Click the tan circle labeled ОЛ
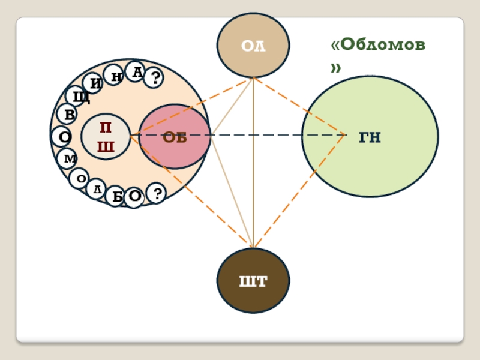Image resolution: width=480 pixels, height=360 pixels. pos(253,45)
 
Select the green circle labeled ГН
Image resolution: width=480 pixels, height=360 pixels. pos(370,136)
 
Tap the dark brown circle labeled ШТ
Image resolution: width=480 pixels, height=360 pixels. pos(253,280)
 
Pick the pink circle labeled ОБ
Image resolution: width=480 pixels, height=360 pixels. pos(175,137)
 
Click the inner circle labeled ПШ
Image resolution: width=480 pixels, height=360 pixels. pos(106,137)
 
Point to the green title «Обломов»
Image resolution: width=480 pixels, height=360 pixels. pos(378,54)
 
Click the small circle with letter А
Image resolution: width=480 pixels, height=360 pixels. pos(137,72)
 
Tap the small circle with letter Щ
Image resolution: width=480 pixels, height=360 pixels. pos(77,96)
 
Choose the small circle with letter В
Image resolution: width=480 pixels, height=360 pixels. pos(67,114)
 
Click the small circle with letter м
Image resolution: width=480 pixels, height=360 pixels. pos(68,158)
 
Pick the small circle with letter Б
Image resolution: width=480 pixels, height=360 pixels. pos(116,196)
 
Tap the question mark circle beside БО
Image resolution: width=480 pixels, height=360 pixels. pos(156,193)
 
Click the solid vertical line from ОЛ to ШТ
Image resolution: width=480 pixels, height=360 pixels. pos(253,180)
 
